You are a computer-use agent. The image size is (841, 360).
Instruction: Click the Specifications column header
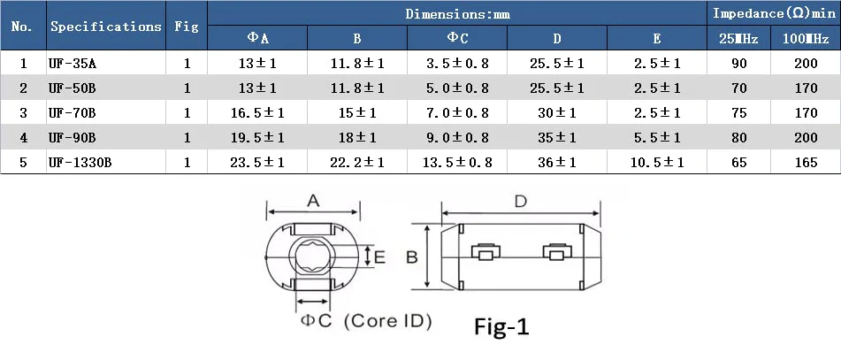click(x=105, y=27)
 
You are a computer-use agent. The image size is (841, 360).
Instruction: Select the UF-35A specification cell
click(x=71, y=64)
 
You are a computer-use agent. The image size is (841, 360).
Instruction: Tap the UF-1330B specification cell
click(x=80, y=162)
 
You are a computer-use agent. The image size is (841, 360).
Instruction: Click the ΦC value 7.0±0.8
click(x=457, y=112)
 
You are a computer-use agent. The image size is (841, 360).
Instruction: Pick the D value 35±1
click(x=557, y=137)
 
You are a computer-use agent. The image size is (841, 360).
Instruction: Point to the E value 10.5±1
click(x=657, y=162)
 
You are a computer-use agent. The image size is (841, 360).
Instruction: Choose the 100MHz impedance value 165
click(x=806, y=162)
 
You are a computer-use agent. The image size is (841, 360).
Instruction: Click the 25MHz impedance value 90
click(x=738, y=64)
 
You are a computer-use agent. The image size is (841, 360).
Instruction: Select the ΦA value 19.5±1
click(x=257, y=137)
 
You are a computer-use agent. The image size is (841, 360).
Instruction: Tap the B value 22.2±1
click(x=357, y=162)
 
